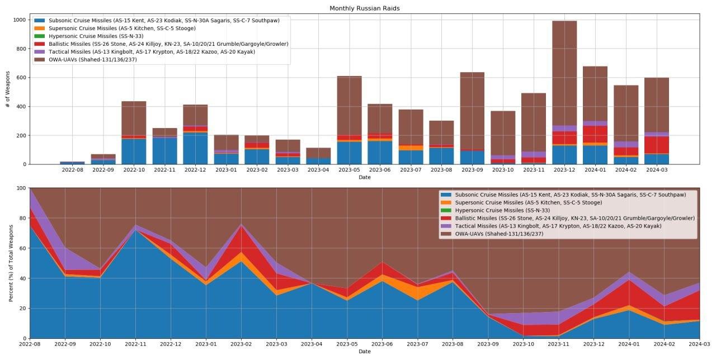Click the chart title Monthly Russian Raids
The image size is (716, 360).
point(364,8)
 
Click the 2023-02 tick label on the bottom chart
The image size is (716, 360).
point(241,344)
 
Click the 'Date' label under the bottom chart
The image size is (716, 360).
point(364,352)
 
